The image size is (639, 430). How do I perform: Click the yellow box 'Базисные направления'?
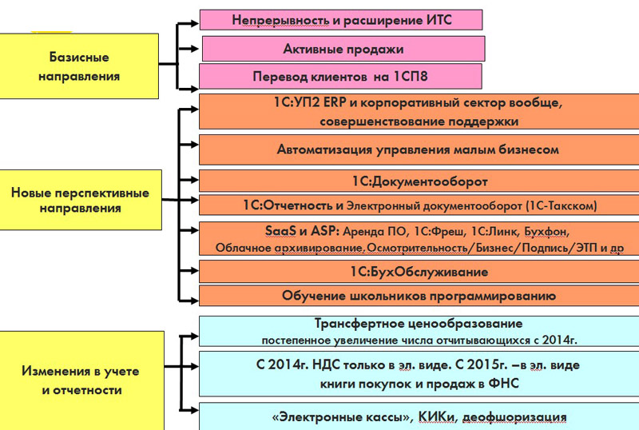pyautogui.click(x=79, y=66)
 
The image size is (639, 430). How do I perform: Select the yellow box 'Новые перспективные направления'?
pyautogui.click(x=81, y=200)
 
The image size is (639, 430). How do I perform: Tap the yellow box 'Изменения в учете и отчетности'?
pyautogui.click(x=82, y=380)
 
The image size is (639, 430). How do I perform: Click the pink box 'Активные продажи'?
pyautogui.click(x=343, y=49)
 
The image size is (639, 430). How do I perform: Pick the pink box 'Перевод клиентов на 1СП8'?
pyautogui.click(x=340, y=76)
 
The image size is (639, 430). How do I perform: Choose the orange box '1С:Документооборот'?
pyautogui.click(x=419, y=181)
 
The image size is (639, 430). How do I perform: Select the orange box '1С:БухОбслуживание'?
pyautogui.click(x=419, y=272)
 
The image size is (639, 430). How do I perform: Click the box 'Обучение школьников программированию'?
pyautogui.click(x=419, y=296)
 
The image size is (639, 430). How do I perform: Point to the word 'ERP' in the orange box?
pyautogui.click(x=334, y=102)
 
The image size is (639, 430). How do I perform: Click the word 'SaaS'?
pyautogui.click(x=280, y=231)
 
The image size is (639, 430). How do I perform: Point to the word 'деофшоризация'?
pyautogui.click(x=514, y=417)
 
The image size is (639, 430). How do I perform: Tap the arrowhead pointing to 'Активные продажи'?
pyautogui.click(x=194, y=49)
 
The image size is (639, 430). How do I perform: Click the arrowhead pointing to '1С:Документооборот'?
pyautogui.click(x=194, y=180)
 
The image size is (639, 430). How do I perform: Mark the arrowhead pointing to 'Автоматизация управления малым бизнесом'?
pyautogui.click(x=194, y=145)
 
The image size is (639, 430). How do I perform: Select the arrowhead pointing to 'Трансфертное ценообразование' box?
pyautogui.click(x=194, y=336)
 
